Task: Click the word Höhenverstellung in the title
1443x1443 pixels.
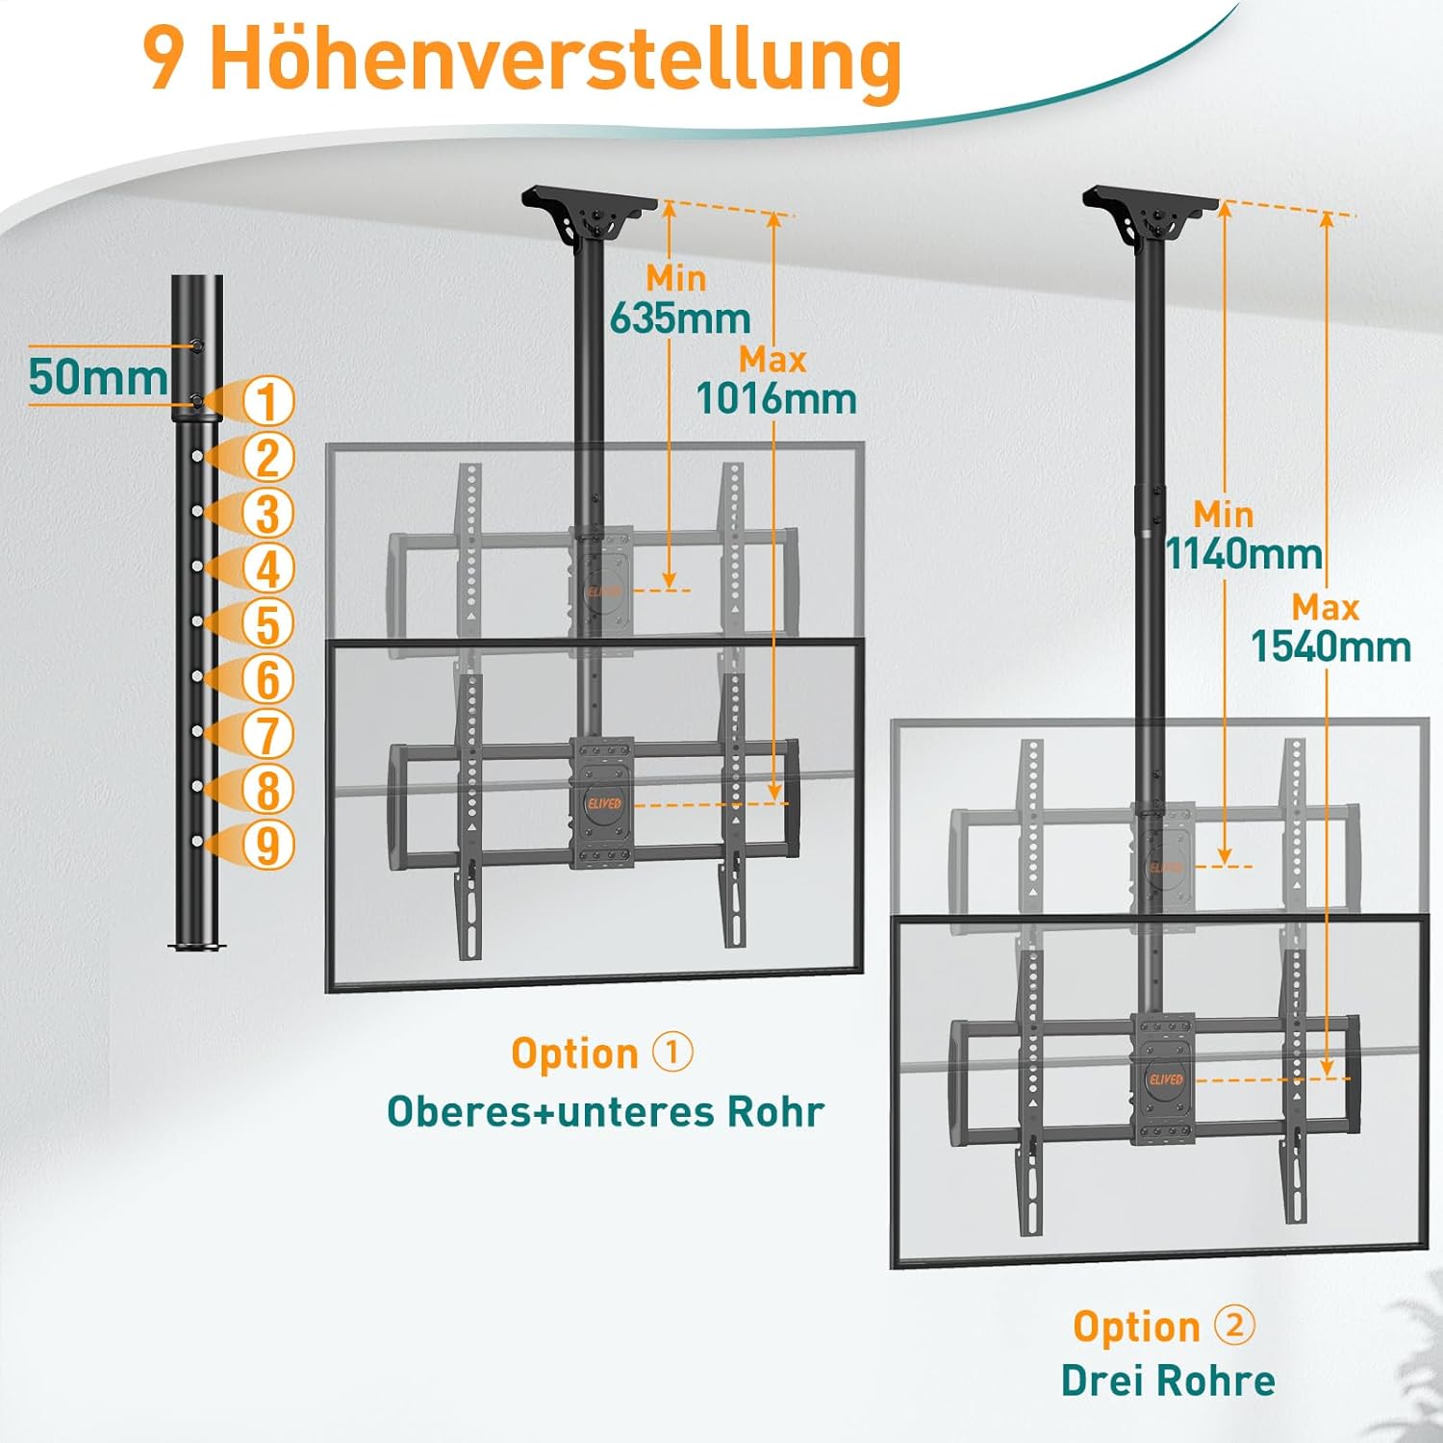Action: click(x=555, y=60)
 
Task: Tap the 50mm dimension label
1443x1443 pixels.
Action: click(x=98, y=376)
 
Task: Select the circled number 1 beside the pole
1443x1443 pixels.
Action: click(x=267, y=401)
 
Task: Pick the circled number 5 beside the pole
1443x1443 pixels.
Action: click(x=267, y=623)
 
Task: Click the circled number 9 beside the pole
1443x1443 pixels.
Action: click(x=267, y=845)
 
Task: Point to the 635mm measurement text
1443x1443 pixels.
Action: click(x=680, y=317)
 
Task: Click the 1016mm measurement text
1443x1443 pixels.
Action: click(x=776, y=398)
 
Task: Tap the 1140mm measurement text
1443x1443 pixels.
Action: click(x=1244, y=553)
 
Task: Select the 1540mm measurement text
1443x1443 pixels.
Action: click(x=1330, y=646)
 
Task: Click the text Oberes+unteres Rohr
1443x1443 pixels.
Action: click(x=606, y=1111)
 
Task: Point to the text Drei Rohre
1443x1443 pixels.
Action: click(x=1168, y=1380)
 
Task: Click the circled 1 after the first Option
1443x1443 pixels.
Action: click(x=672, y=1051)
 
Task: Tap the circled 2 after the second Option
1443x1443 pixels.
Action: click(x=1235, y=1325)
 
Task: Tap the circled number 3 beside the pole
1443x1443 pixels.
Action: click(x=267, y=513)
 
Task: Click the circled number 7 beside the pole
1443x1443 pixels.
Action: click(x=267, y=734)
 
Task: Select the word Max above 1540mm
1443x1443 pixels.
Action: click(x=1325, y=607)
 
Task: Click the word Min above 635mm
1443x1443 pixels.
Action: click(x=676, y=278)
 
